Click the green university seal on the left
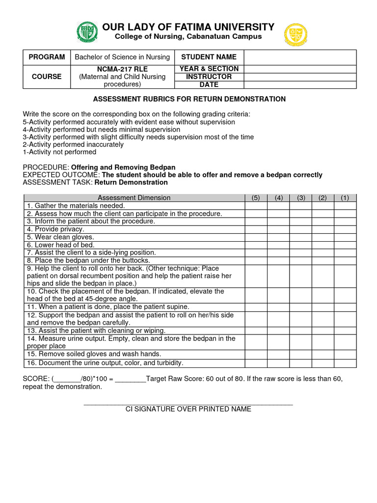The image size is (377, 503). click(87, 32)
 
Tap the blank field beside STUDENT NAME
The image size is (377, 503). click(300, 57)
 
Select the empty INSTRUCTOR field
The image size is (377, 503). click(300, 77)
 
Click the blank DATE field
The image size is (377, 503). click(300, 84)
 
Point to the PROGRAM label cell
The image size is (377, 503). click(47, 57)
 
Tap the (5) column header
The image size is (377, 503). click(256, 197)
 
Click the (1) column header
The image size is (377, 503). click(345, 197)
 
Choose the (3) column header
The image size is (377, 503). click(300, 197)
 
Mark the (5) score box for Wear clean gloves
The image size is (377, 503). click(256, 237)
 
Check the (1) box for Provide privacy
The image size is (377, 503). click(345, 229)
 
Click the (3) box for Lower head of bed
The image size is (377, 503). click(300, 245)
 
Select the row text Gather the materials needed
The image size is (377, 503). click(76, 205)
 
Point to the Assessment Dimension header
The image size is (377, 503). click(134, 197)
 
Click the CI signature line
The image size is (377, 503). click(188, 403)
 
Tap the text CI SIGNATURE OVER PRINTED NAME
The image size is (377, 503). click(188, 409)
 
